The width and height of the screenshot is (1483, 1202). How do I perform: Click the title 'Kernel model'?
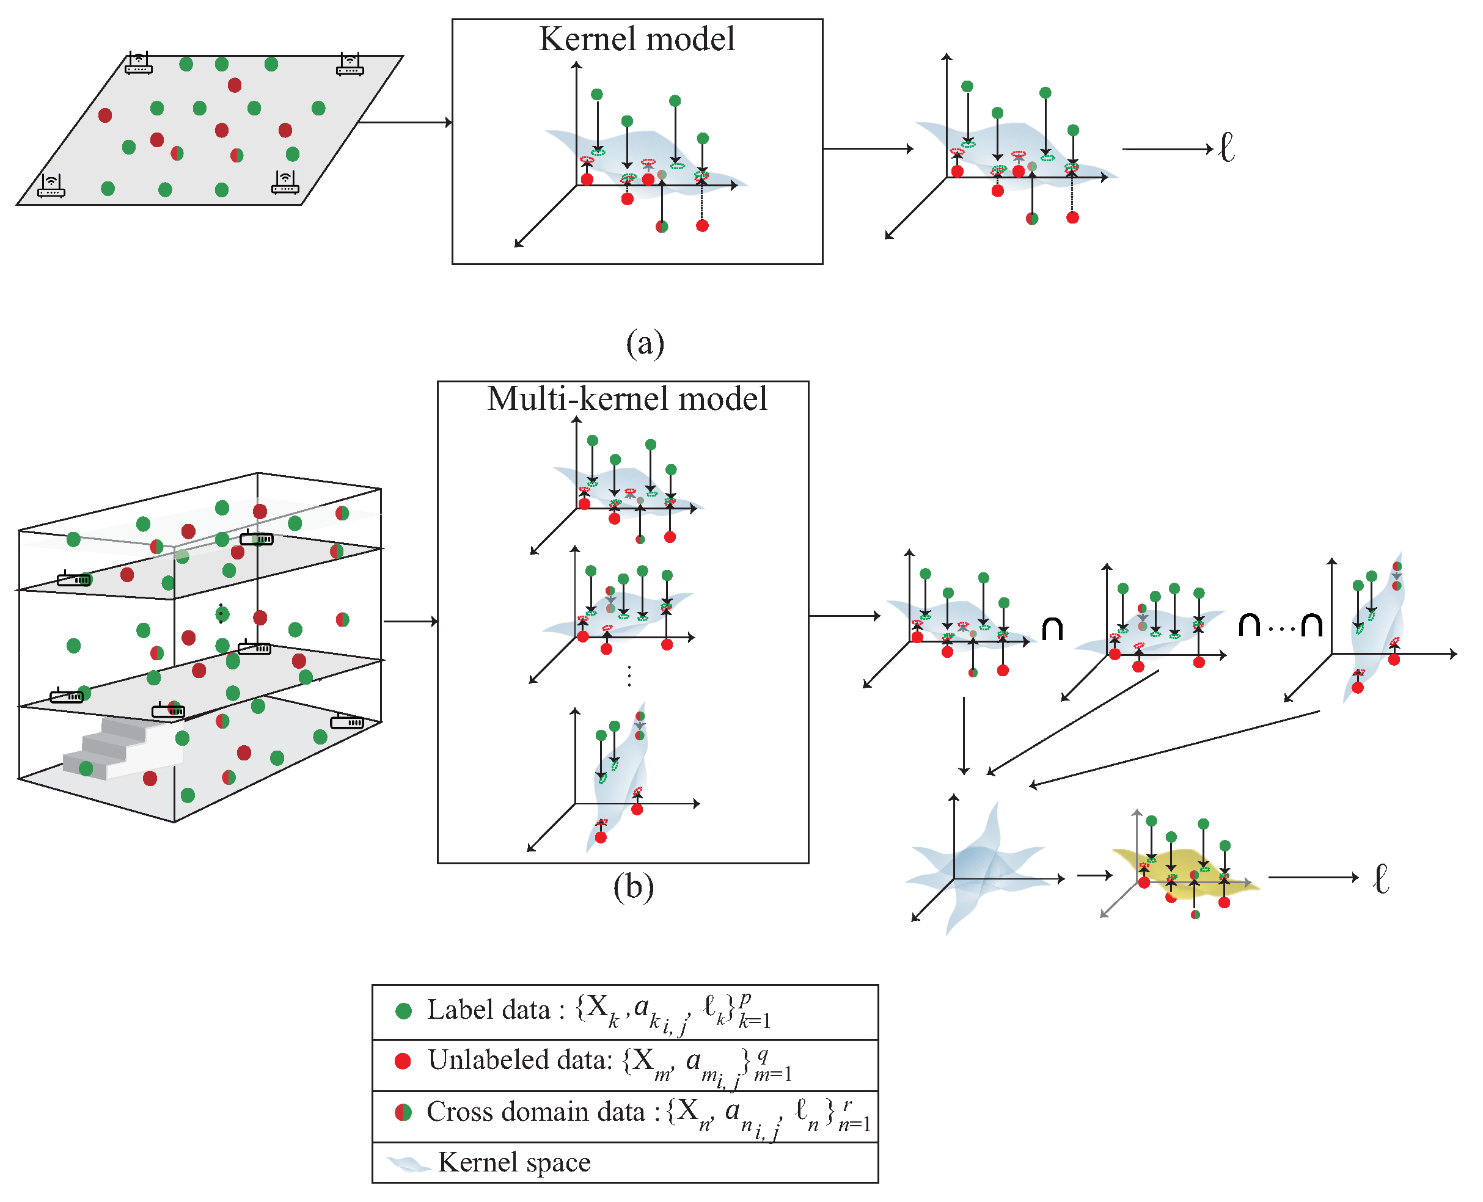[x=637, y=38]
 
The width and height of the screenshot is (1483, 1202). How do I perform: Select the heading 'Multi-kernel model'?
[x=627, y=399]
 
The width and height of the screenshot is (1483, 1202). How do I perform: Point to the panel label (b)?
[x=633, y=887]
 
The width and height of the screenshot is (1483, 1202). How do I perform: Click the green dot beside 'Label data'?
[x=403, y=1011]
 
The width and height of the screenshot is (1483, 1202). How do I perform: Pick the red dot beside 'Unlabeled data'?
[x=403, y=1061]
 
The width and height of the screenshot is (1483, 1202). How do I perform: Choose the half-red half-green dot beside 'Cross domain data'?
[x=403, y=1112]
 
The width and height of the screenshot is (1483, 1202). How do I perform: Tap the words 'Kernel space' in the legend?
[x=514, y=1162]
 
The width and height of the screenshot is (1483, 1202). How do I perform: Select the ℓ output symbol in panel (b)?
[x=1381, y=879]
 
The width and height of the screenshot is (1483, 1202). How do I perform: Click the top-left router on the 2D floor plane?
[x=139, y=64]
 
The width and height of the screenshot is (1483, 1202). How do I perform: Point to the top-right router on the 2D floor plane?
[x=350, y=64]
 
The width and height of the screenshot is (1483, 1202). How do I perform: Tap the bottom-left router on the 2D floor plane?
[x=51, y=186]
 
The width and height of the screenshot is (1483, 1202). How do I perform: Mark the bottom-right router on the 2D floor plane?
[x=285, y=183]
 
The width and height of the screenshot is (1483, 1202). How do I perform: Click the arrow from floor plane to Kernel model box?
[x=405, y=123]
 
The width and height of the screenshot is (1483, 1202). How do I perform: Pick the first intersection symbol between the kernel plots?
[x=1052, y=628]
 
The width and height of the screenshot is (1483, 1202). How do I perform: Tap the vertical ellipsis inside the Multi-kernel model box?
[x=629, y=676]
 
